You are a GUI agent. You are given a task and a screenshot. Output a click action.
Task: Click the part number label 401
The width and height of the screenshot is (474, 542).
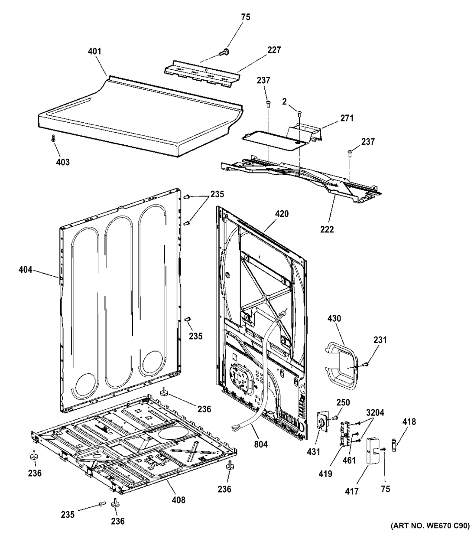click(94, 51)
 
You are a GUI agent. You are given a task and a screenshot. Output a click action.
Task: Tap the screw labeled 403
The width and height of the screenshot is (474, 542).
click(53, 138)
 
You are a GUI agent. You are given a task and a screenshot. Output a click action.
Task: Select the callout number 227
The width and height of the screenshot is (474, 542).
click(273, 50)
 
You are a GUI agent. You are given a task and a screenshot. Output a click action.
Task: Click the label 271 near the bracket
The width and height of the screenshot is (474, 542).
click(346, 118)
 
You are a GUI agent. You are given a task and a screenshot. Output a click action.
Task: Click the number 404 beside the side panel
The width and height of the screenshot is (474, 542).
click(26, 270)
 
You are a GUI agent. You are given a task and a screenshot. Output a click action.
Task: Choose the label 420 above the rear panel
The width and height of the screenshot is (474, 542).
click(281, 214)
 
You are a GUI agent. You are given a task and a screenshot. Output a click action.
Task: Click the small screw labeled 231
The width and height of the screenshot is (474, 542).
click(366, 364)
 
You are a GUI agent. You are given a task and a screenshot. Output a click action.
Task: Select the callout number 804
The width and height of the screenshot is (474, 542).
click(261, 444)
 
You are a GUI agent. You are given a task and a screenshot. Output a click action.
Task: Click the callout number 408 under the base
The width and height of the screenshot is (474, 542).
click(178, 500)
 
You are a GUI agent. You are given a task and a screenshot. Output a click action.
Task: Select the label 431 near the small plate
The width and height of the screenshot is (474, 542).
click(313, 452)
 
